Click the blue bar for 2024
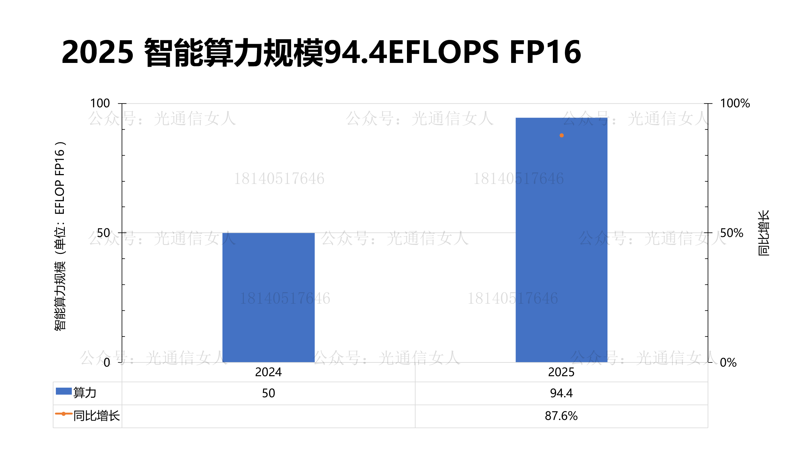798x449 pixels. (x=268, y=297)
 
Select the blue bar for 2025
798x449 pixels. (x=561, y=240)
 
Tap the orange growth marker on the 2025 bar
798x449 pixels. (x=561, y=135)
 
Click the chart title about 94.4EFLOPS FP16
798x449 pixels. (x=321, y=52)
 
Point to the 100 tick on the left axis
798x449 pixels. (x=100, y=103)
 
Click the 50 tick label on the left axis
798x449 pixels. (x=103, y=233)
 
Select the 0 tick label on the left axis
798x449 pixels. (x=107, y=362)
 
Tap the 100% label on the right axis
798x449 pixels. (x=735, y=103)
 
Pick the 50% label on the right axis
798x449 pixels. (x=732, y=233)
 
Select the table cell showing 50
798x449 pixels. (x=268, y=393)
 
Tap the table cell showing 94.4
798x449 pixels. (x=561, y=393)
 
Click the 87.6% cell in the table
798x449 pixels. (x=561, y=416)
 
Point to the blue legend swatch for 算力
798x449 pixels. (x=64, y=391)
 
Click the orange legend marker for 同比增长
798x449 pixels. (x=64, y=414)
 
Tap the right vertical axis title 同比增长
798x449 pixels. (x=764, y=233)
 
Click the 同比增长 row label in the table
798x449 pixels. (x=96, y=416)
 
